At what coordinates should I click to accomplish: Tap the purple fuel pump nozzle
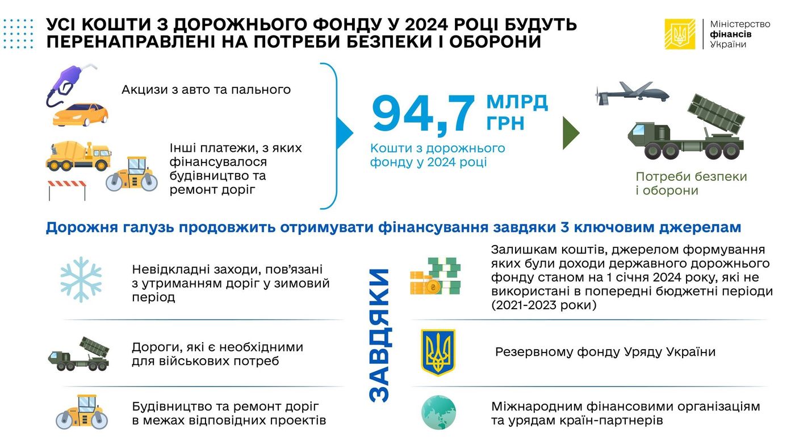pyautogui.click(x=71, y=85)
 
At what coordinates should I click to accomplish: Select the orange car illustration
pyautogui.click(x=80, y=114)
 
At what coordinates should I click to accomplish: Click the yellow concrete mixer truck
pyautogui.click(x=79, y=156)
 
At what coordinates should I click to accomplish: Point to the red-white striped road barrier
pyautogui.click(x=67, y=190)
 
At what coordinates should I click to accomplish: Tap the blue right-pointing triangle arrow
pyautogui.click(x=344, y=132)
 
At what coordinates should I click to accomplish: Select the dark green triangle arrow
pyautogui.click(x=571, y=133)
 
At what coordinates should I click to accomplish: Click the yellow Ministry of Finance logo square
pyautogui.click(x=680, y=34)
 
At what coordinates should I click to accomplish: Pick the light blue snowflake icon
pyautogui.click(x=81, y=280)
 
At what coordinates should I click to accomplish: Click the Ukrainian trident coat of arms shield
pyautogui.click(x=438, y=352)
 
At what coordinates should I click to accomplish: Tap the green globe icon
pyautogui.click(x=438, y=413)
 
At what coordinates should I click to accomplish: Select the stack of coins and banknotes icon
pyautogui.click(x=435, y=276)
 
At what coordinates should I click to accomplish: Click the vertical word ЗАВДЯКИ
pyautogui.click(x=380, y=335)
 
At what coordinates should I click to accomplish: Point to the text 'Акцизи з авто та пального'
pyautogui.click(x=206, y=89)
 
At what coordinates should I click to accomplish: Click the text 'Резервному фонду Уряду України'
pyautogui.click(x=605, y=352)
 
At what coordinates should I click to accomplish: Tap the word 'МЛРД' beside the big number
pyautogui.click(x=517, y=102)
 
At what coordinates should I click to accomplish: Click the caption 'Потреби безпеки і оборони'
pyautogui.click(x=691, y=183)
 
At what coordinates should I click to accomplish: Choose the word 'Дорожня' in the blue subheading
pyautogui.click(x=82, y=227)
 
